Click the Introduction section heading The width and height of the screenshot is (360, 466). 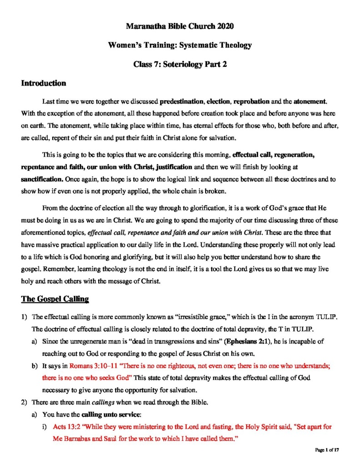[x=44, y=83]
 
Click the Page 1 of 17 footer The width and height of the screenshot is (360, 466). [x=328, y=450]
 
